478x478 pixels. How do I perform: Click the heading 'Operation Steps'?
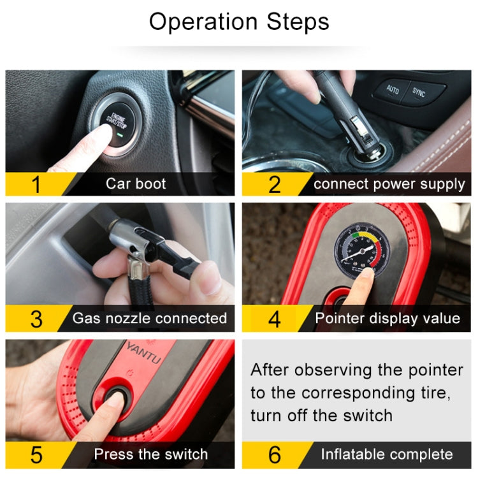pos(239,22)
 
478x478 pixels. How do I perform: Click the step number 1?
pos(36,184)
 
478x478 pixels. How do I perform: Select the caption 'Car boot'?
pos(136,184)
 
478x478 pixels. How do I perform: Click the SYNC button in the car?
pos(419,92)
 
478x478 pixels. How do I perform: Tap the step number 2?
pos(274,184)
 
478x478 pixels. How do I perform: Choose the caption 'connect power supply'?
pos(389,184)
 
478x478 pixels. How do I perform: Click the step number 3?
pos(36,318)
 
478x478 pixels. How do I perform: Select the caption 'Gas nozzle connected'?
pos(150,318)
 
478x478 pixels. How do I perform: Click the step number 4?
pos(274,318)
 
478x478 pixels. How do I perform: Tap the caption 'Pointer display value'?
pos(387,318)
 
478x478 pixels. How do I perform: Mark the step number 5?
pos(36,454)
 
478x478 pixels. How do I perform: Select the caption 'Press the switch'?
pos(151,454)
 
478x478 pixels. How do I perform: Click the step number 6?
pos(274,454)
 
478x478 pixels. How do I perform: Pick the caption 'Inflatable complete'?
pos(387,454)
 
